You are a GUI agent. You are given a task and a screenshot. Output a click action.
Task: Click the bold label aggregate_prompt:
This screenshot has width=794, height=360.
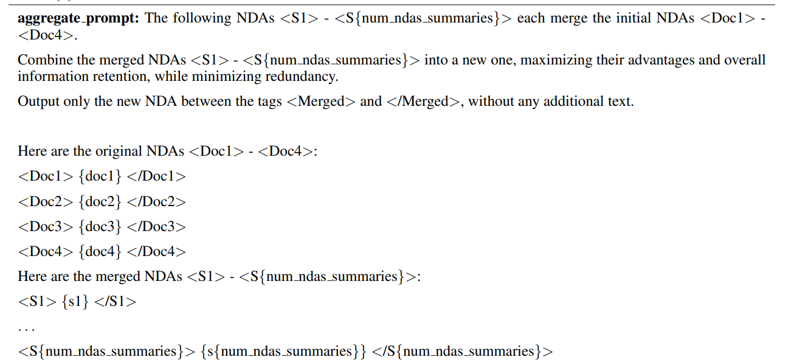coord(79,18)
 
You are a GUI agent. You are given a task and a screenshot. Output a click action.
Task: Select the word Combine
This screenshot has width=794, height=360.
coord(41,60)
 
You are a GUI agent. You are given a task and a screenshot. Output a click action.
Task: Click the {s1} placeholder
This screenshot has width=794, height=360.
coord(75,302)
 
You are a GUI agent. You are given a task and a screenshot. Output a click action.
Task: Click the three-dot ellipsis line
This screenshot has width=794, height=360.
coord(26,328)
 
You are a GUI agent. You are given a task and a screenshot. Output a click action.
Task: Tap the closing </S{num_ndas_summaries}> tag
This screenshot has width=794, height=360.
coord(462,351)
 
